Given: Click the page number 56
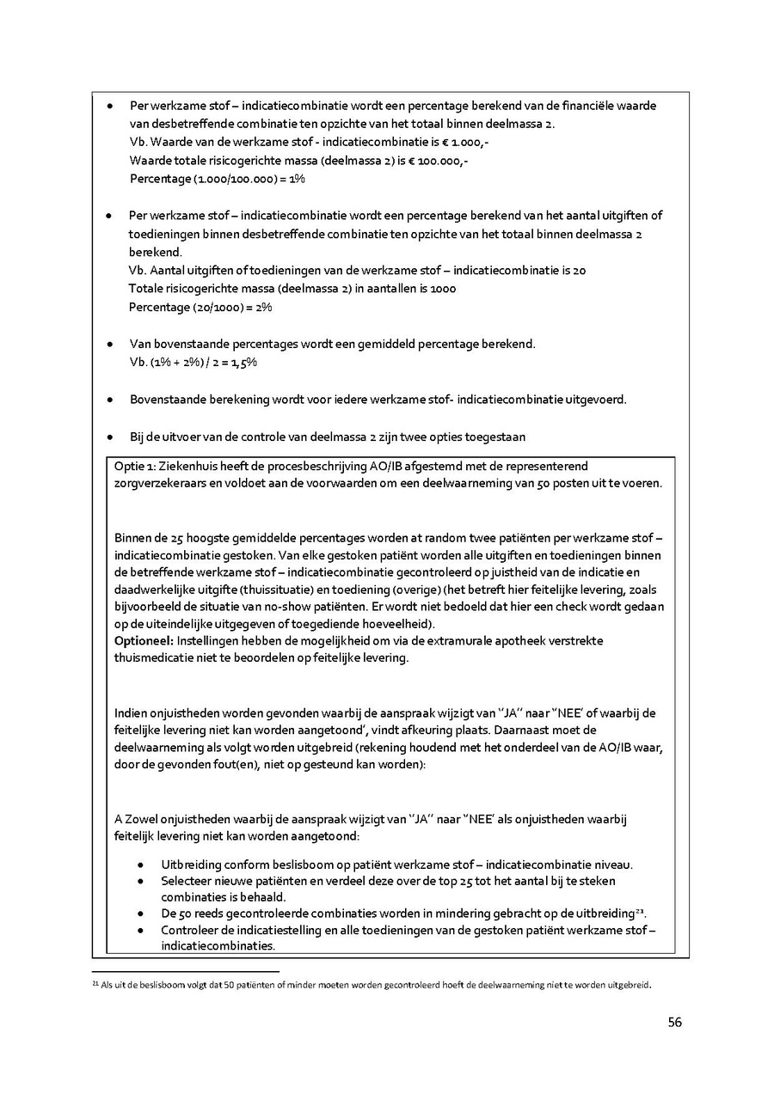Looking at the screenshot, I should pyautogui.click(x=674, y=1022).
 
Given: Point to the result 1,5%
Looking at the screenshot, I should pyautogui.click(x=244, y=363).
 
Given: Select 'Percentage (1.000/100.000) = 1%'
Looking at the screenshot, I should pyautogui.click(x=217, y=179).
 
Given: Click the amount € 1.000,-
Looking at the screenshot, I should pyautogui.click(x=466, y=142).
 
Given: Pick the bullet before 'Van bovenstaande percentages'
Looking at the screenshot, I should pyautogui.click(x=111, y=345).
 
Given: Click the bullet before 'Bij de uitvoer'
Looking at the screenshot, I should pyautogui.click(x=111, y=437).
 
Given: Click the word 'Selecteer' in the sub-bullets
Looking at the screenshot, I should pyautogui.click(x=187, y=881).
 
